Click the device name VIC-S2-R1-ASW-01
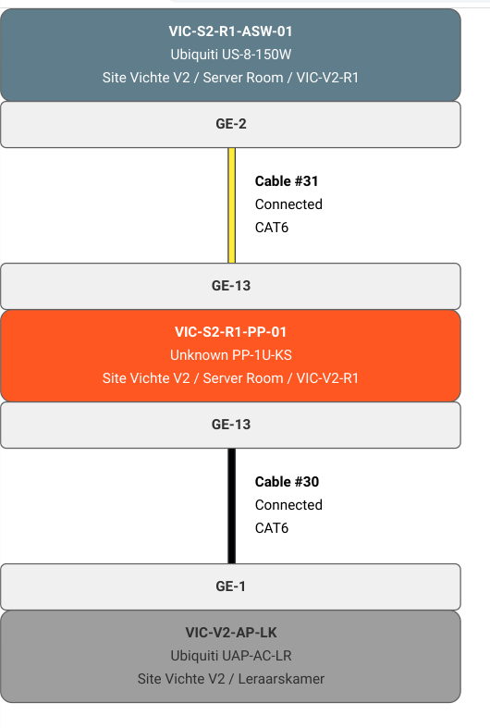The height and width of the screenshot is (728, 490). pyautogui.click(x=230, y=31)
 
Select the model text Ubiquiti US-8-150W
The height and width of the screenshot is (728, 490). pyautogui.click(x=230, y=54)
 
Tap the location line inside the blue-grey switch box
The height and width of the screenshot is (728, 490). pyautogui.click(x=230, y=77)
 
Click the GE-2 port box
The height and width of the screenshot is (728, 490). pyautogui.click(x=230, y=124)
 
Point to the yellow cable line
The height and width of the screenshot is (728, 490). pyautogui.click(x=232, y=205)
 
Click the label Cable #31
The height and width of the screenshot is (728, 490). pyautogui.click(x=287, y=181)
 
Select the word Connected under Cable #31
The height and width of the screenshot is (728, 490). pyautogui.click(x=288, y=204)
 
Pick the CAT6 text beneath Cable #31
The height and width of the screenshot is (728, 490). pyautogui.click(x=272, y=228)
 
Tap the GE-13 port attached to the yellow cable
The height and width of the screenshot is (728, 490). pyautogui.click(x=230, y=286)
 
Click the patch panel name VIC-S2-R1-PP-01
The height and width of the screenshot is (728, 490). pyautogui.click(x=230, y=331)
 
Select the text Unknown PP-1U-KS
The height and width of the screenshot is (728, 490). pyautogui.click(x=230, y=354)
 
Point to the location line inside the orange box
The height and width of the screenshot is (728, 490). pyautogui.click(x=230, y=377)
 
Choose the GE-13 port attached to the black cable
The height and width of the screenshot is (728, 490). pyautogui.click(x=230, y=425)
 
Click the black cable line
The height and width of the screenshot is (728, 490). pyautogui.click(x=232, y=506)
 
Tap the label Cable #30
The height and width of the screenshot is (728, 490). pyautogui.click(x=287, y=482)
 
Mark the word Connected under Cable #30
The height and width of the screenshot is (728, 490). pyautogui.click(x=288, y=505)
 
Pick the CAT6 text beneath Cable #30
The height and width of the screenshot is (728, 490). pyautogui.click(x=272, y=528)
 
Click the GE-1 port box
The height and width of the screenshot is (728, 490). pyautogui.click(x=230, y=586)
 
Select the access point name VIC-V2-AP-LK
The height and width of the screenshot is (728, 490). pyautogui.click(x=230, y=633)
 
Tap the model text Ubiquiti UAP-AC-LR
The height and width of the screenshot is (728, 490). pyautogui.click(x=230, y=656)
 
